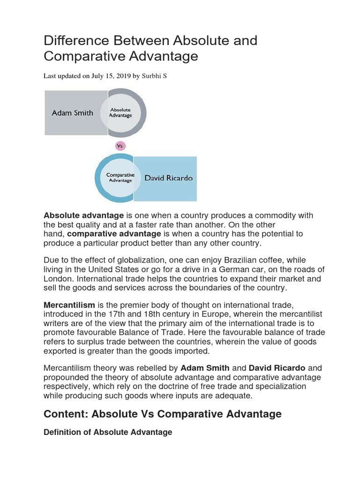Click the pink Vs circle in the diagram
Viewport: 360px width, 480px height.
(120, 146)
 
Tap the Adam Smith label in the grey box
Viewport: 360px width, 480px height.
(72, 113)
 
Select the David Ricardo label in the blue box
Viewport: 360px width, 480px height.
(162, 178)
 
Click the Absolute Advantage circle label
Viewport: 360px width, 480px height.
(120, 113)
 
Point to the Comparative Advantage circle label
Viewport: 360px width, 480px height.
(120, 178)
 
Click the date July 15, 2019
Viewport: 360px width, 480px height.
(112, 76)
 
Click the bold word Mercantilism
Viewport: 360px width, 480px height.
(69, 305)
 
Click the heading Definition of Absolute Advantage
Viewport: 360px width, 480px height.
(108, 432)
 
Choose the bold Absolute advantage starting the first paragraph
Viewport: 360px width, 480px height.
(83, 216)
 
